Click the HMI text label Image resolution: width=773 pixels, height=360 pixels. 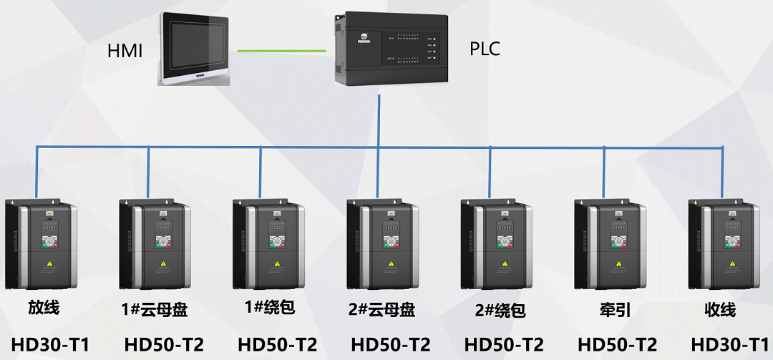[125, 50]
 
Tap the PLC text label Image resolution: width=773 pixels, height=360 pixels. [485, 49]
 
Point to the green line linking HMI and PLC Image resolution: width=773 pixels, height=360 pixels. [281, 50]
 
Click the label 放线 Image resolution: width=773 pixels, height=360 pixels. [44, 308]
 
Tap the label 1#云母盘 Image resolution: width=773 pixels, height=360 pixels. [155, 310]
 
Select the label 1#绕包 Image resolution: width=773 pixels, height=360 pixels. [270, 308]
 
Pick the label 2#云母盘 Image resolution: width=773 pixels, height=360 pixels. [381, 310]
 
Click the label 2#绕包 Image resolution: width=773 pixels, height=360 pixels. [500, 311]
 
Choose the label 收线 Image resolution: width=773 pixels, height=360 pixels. [720, 310]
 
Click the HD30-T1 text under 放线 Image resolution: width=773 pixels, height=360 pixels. [50, 345]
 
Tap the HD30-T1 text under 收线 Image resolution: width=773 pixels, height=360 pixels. [730, 345]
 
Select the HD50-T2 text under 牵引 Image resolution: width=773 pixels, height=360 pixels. [617, 345]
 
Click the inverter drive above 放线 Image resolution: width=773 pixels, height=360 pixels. [40, 243]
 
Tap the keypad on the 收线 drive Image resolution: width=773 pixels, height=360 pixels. [731, 242]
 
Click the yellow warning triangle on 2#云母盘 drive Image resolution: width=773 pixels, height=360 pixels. [390, 263]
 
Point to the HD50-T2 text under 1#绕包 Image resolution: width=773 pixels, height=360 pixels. [277, 345]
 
